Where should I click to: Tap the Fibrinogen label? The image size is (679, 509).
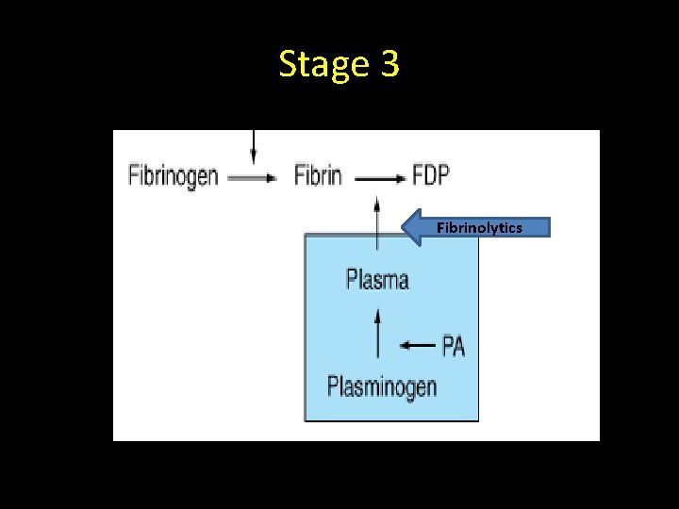pos(174,175)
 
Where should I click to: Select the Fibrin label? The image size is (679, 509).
pos(318,175)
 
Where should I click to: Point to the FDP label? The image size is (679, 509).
pos(431,175)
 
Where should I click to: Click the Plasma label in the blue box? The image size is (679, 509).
pos(377,279)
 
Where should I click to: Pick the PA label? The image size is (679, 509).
pos(454,346)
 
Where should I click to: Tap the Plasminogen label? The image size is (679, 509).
pos(382,386)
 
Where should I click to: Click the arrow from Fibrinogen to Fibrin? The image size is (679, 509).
pos(253,177)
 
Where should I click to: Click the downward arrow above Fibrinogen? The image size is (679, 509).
pos(253,146)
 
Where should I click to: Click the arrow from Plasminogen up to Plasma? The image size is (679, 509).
pos(378,334)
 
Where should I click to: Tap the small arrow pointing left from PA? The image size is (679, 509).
pos(418,346)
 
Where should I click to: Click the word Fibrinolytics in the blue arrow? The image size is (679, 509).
pos(479,227)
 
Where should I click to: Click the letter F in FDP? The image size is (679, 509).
pos(419,175)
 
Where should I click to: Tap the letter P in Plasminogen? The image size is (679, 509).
pos(333,386)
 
